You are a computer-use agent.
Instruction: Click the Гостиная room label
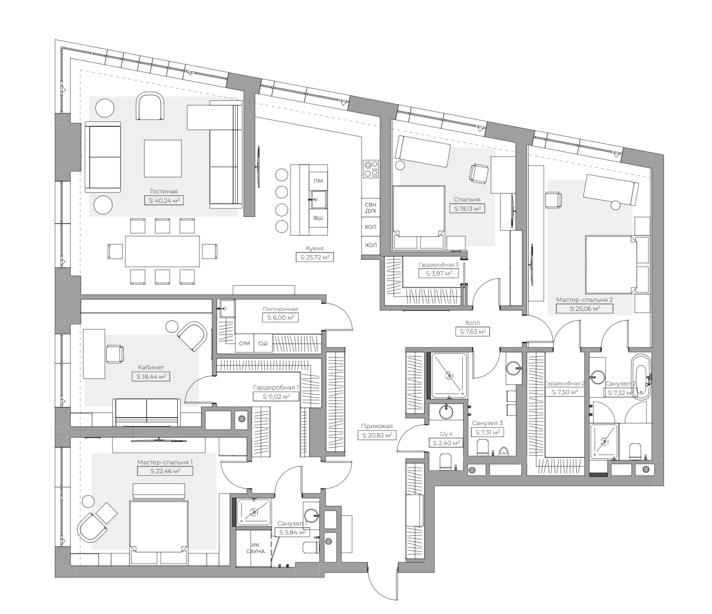pos(164,192)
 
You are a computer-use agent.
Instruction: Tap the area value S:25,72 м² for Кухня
pos(315,257)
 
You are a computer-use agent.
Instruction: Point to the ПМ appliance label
pos(318,181)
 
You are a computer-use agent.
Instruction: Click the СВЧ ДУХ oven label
pos(371,208)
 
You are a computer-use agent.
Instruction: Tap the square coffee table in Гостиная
pos(163,158)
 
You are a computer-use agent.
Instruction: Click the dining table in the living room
pos(162,251)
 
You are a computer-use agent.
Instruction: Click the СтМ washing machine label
pos(244,344)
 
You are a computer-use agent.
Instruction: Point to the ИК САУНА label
pos(255,548)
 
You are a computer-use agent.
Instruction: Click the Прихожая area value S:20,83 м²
pos(377,436)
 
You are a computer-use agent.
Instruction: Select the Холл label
pos(472,323)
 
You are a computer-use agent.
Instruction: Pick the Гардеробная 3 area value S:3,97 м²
pos(439,273)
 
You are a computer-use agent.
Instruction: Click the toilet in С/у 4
pos(446,462)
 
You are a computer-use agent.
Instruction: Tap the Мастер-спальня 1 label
pos(165,462)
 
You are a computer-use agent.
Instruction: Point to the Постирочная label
pos(280,309)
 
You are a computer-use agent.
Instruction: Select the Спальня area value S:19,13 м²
pos(467,208)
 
